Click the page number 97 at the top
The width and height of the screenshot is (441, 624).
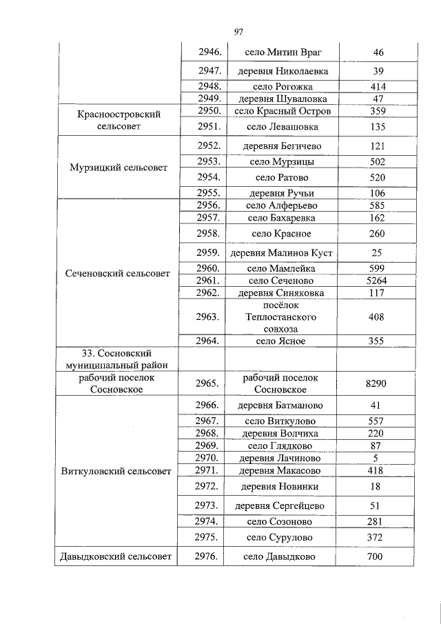point(239,32)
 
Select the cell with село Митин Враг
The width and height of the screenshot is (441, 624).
point(283,52)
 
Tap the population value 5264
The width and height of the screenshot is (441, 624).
point(378,281)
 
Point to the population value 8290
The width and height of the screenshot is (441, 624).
point(378,383)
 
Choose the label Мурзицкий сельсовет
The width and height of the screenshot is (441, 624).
point(119,168)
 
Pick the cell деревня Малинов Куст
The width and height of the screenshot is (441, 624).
point(283,253)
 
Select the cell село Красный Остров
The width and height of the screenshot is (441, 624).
point(283,111)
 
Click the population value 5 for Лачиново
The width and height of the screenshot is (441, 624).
point(378,459)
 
